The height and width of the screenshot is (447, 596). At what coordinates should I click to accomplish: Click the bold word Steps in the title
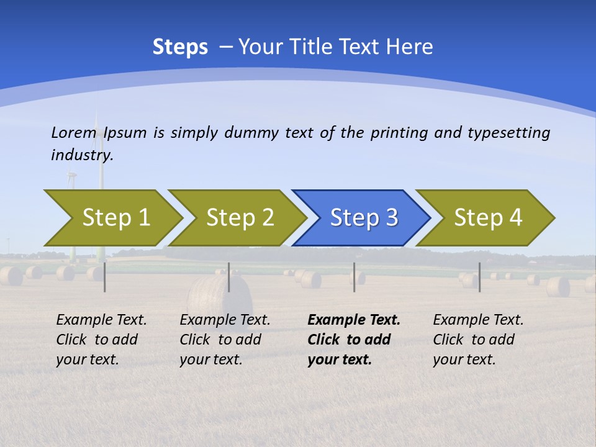point(180,47)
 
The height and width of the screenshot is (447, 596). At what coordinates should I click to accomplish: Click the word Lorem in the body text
point(74,133)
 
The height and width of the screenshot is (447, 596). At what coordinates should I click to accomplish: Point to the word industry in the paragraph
point(81,155)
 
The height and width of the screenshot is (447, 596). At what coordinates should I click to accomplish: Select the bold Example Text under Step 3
point(354,320)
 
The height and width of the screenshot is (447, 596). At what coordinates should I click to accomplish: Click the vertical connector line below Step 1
point(105,277)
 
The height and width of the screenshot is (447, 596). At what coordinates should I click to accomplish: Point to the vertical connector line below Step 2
point(229,277)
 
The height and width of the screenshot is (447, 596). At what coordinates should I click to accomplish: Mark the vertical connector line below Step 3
point(354,277)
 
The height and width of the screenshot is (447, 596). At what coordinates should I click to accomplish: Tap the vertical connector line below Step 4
point(479,277)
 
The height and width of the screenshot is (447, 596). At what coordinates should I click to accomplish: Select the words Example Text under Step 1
point(101,320)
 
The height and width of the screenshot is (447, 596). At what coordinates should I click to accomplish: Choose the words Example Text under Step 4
point(478,320)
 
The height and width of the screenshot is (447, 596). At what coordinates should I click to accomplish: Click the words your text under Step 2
point(210,359)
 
